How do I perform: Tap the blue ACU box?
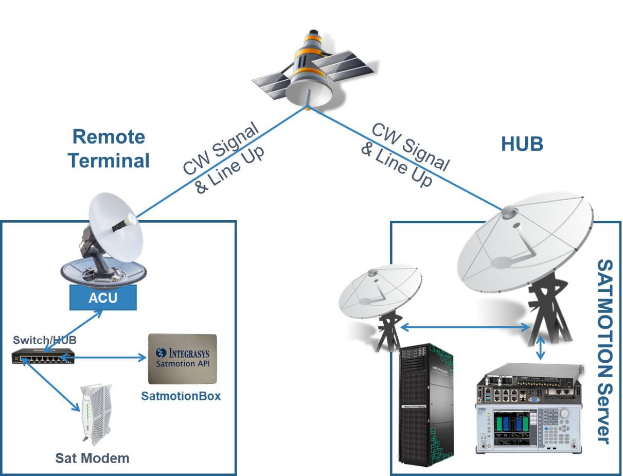click(103, 298)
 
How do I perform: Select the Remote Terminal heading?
click(109, 149)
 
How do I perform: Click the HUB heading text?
click(522, 145)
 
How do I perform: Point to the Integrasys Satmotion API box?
click(182, 359)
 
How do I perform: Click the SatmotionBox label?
click(181, 396)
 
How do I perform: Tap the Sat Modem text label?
click(93, 457)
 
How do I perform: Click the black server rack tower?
click(427, 401)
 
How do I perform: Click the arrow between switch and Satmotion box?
click(108, 357)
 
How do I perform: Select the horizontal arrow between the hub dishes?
click(465, 326)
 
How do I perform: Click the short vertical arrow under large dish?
click(540, 348)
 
